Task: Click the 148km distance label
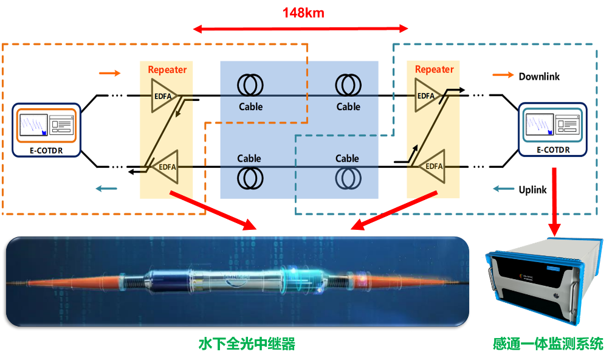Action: [303, 13]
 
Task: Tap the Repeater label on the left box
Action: [167, 69]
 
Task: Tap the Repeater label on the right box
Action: [434, 69]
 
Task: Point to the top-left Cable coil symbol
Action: [250, 85]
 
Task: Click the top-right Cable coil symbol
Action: [348, 85]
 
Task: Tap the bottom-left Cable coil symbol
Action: [250, 178]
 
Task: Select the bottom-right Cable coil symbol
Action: [348, 178]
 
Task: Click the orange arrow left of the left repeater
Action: [109, 74]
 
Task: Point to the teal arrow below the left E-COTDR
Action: [106, 189]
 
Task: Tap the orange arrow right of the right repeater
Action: [503, 75]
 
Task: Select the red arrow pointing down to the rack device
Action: [554, 201]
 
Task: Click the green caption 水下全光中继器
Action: [247, 344]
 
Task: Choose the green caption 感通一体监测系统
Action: [548, 344]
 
